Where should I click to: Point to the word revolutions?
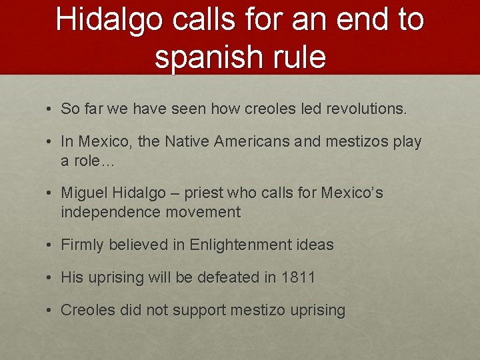tap(367, 109)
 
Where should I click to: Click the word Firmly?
tap(82, 245)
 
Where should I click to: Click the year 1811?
tap(298, 277)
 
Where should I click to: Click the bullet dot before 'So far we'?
tap(51, 109)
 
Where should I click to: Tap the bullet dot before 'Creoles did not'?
tap(51, 310)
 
